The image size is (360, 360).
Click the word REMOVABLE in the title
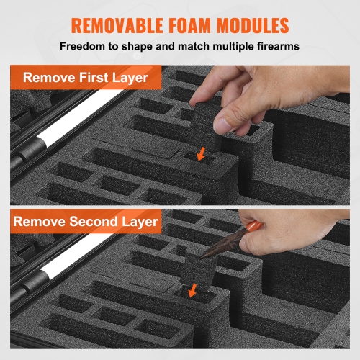[x=117, y=25]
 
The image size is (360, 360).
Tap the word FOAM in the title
[x=189, y=25]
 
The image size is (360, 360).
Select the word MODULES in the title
[x=253, y=25]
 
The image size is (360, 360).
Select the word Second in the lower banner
[x=94, y=221]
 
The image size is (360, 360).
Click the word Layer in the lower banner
[x=140, y=222]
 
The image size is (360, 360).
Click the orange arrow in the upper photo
[x=201, y=154]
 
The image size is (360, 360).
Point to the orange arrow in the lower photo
[x=192, y=290]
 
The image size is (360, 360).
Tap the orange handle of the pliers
[x=254, y=226]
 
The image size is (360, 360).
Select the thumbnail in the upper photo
[x=222, y=125]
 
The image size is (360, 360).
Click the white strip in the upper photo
[x=79, y=118]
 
